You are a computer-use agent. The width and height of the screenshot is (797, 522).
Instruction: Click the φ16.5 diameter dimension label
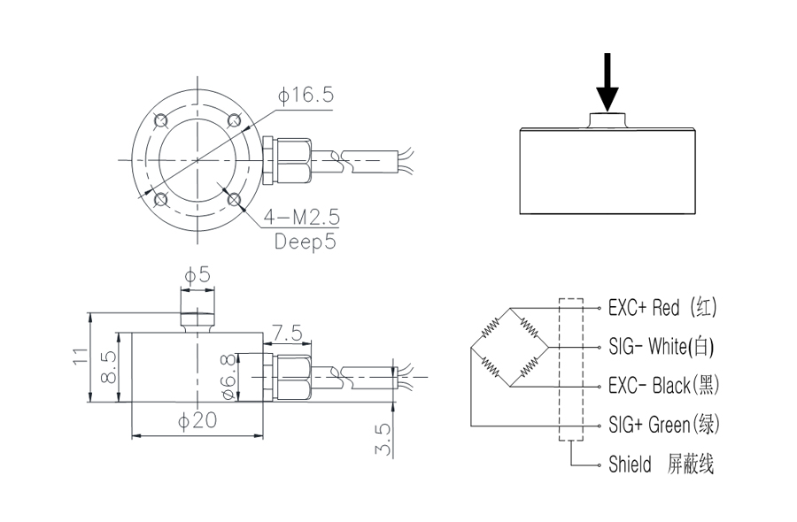point(306,95)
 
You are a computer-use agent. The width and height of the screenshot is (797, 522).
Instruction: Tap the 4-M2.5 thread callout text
point(301,218)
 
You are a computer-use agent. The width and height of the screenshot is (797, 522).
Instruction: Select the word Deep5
point(306,242)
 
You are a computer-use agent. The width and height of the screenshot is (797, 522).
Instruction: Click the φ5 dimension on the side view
point(197,275)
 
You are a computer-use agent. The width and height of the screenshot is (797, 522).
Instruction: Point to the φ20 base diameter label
point(197,420)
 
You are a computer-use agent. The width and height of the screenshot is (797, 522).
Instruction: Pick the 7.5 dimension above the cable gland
point(287,334)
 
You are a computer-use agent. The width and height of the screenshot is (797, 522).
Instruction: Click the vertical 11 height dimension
point(81,356)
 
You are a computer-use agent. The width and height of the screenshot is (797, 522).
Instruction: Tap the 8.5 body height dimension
point(109,366)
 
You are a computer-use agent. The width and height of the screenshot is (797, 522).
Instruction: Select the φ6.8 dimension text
point(229,377)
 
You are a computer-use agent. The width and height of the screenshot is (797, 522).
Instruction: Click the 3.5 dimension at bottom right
point(383,439)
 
